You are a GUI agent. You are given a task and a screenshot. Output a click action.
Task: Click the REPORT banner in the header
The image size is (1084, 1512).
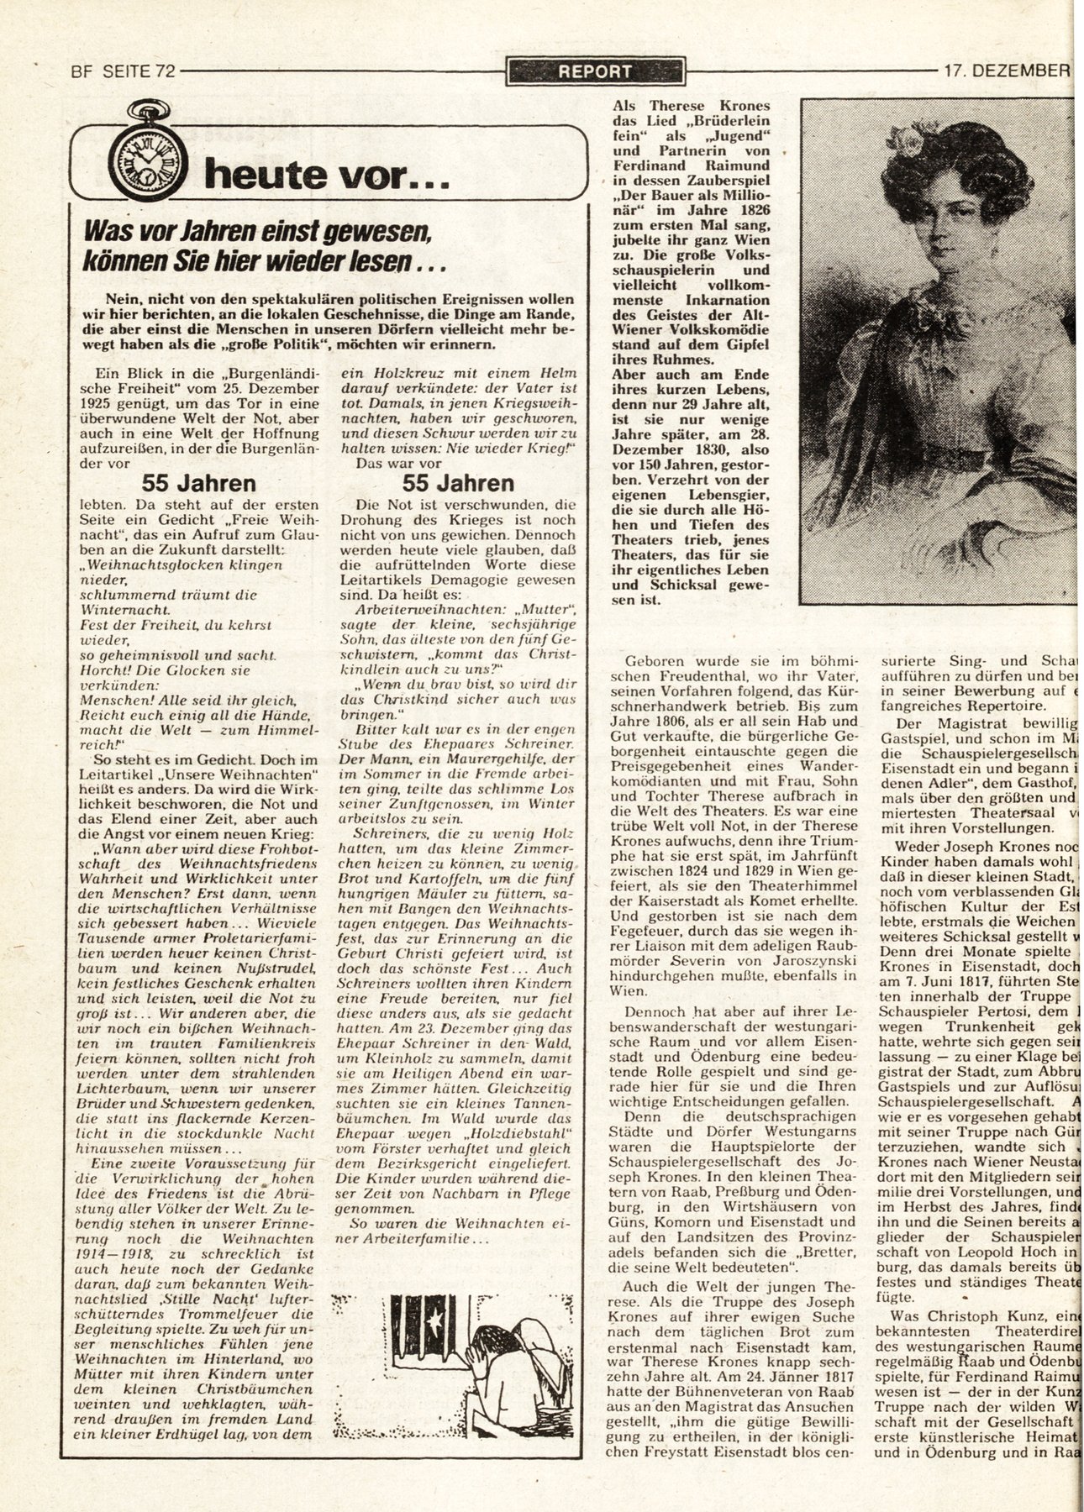pos(596,71)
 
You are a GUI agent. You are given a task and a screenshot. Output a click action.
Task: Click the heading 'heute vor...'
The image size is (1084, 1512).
pos(315,174)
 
